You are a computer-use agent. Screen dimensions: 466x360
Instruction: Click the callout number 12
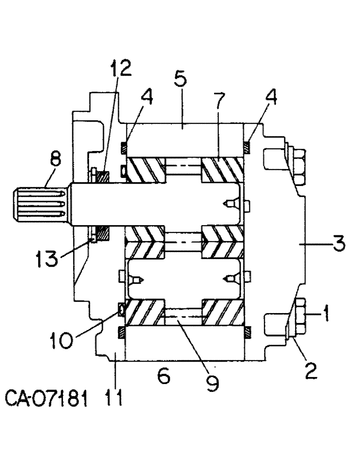click(121, 69)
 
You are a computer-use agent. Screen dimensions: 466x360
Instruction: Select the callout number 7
click(219, 101)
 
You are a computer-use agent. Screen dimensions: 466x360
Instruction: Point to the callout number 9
click(212, 382)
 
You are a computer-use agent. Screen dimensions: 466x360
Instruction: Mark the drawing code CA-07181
click(47, 399)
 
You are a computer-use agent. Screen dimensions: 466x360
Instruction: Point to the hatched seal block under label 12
click(103, 177)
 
